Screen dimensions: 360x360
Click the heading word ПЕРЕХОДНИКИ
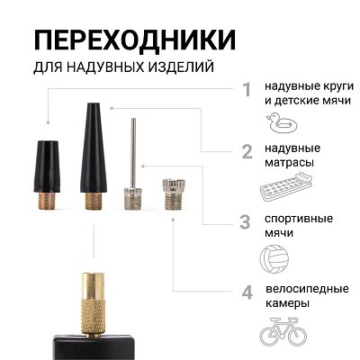[135, 40]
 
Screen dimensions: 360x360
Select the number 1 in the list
[246, 90]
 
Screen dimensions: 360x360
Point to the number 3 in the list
[245, 220]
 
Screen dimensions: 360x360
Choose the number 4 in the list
[246, 292]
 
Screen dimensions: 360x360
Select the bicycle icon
[283, 334]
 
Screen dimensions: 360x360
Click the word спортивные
[299, 219]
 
